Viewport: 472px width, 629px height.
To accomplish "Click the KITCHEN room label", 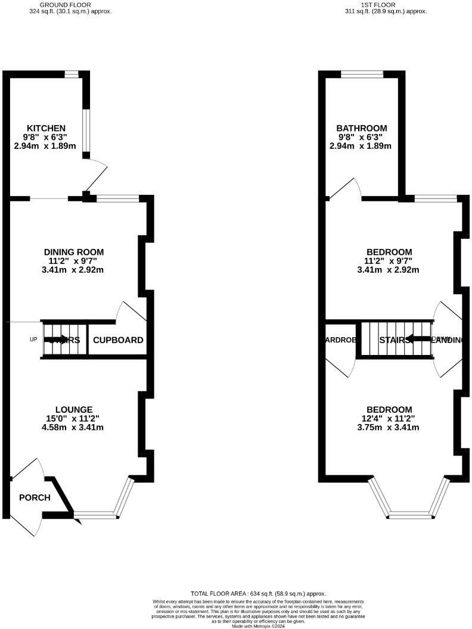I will pos(46,128).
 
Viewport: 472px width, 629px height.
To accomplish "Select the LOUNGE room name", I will pos(74,409).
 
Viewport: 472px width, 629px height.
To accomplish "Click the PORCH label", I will pos(35,498).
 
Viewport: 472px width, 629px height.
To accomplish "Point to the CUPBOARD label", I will pos(118,340).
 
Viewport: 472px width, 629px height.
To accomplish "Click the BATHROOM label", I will pos(361,128).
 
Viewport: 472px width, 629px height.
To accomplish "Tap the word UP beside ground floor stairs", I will pos(33,340).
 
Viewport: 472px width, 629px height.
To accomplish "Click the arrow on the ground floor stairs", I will pos(57,340).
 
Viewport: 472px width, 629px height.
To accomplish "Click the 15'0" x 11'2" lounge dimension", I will pos(74,418).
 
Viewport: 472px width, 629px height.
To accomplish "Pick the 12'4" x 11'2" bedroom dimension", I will pos(389,418).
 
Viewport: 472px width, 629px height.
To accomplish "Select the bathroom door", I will pos(346,188).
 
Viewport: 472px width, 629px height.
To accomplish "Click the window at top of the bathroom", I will pos(362,74).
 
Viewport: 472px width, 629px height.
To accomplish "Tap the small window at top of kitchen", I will pos(72,74).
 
